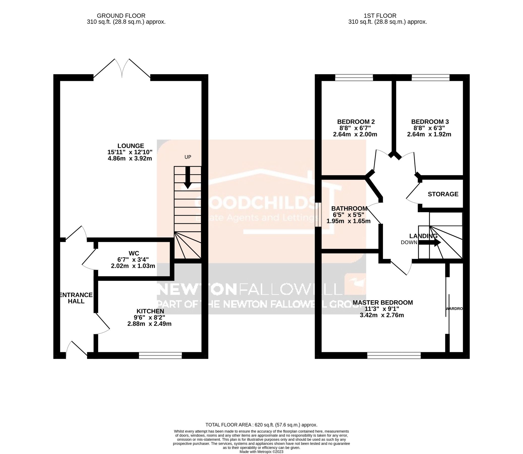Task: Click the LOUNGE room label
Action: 131,146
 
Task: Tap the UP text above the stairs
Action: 188,157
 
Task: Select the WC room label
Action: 134,253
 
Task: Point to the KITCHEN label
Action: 150,311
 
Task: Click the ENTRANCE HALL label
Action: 76,298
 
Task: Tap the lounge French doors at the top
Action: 122,68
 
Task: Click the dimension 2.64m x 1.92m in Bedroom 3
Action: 429,134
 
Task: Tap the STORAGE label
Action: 443,194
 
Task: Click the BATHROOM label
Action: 349,209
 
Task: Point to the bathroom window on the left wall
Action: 318,214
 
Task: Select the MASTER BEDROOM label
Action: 383,302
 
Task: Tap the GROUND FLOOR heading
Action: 121,16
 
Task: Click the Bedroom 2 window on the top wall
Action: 354,77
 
